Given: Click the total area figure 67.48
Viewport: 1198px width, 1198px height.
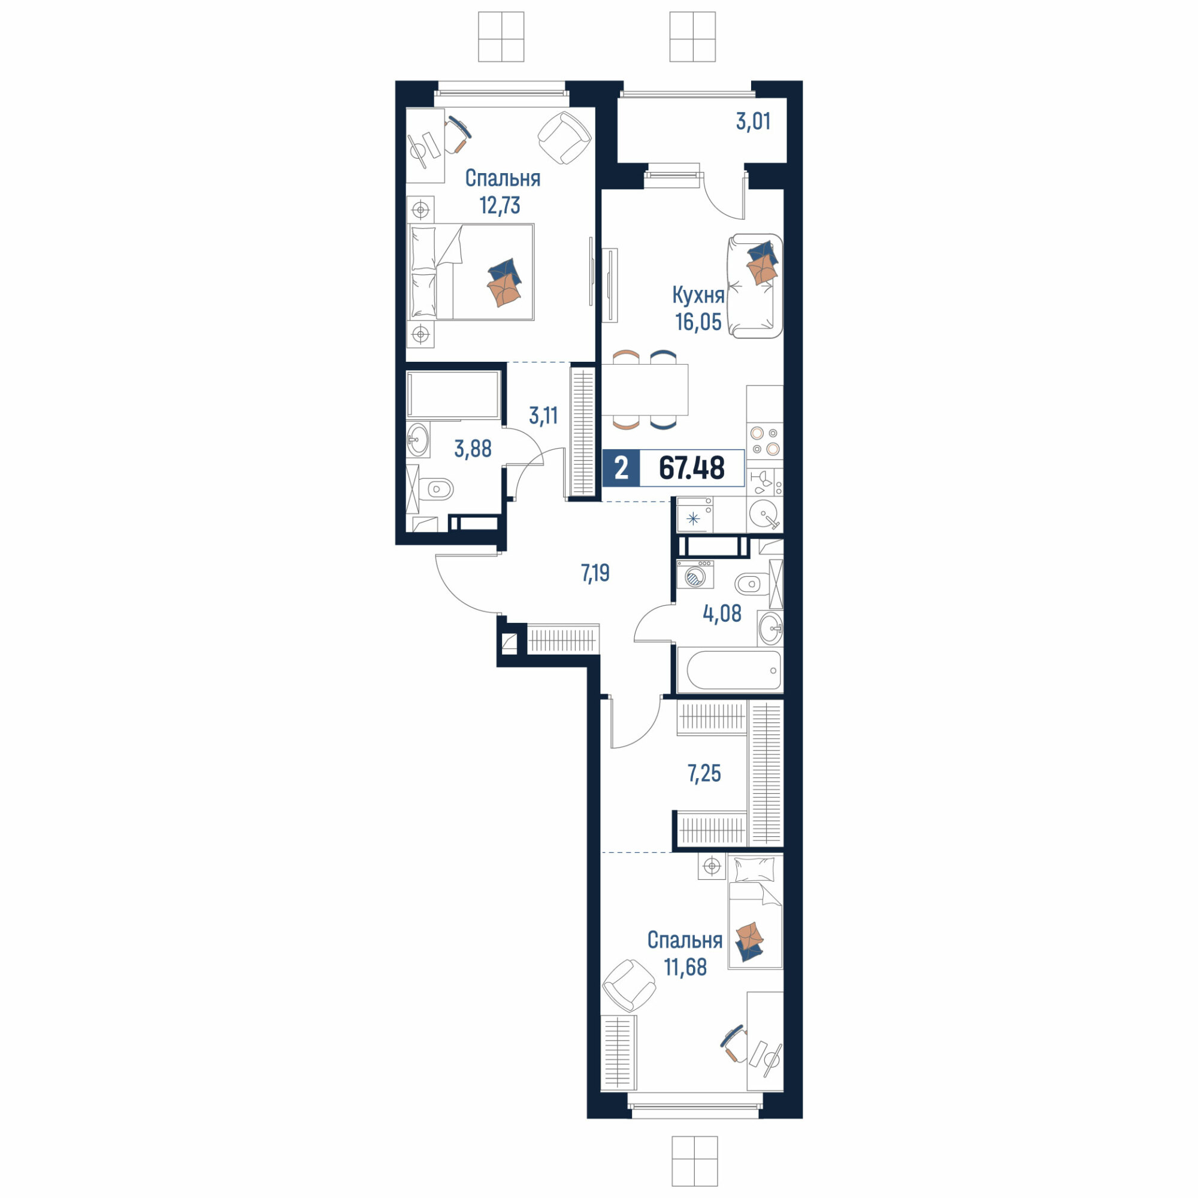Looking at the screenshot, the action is [691, 468].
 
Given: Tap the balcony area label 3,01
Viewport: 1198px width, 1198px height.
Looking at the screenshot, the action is [754, 122].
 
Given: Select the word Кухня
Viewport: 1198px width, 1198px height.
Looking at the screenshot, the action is [699, 296].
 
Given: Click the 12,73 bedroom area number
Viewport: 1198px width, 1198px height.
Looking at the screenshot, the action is [500, 205].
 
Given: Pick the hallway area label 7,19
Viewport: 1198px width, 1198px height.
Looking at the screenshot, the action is [595, 574].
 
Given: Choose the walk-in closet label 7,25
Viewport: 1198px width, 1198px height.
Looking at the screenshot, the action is [704, 773].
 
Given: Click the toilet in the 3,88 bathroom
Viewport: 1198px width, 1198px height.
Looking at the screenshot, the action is [435, 490].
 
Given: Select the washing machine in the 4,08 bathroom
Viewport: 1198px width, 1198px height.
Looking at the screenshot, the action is [695, 574].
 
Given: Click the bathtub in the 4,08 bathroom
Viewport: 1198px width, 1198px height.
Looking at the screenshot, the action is [730, 670].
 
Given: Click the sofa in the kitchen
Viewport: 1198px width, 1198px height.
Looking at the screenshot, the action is [755, 286].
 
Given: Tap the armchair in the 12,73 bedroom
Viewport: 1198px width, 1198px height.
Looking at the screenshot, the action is [564, 138].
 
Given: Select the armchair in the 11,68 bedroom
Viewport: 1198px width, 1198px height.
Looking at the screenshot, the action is [629, 985].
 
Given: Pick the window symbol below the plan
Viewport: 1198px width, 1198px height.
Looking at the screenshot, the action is [694, 1161].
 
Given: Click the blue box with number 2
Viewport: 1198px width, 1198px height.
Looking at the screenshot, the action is [621, 468].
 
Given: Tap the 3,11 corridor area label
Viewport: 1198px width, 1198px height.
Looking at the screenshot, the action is [543, 416].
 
